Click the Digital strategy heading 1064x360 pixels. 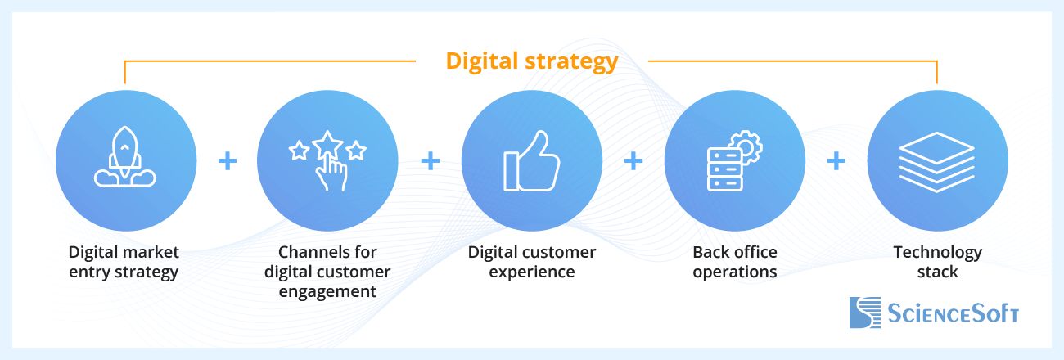[x=531, y=61]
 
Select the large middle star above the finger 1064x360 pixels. [x=327, y=144]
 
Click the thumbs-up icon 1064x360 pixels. [x=532, y=160]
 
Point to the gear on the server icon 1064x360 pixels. [x=747, y=148]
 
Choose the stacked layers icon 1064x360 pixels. [x=936, y=160]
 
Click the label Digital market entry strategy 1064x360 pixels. [x=124, y=262]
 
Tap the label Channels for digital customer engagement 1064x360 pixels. [x=327, y=272]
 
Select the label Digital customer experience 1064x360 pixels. [x=532, y=262]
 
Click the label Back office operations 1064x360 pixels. [x=734, y=262]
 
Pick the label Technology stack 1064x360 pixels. [x=937, y=262]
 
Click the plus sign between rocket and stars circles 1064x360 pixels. [x=228, y=161]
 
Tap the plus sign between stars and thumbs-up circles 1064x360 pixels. [x=430, y=161]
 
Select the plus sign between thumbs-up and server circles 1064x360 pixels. [x=633, y=161]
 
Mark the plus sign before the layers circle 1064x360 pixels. [x=836, y=161]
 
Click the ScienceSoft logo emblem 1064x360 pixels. [x=864, y=313]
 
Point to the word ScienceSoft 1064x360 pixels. [x=954, y=313]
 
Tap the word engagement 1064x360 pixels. [x=327, y=291]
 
